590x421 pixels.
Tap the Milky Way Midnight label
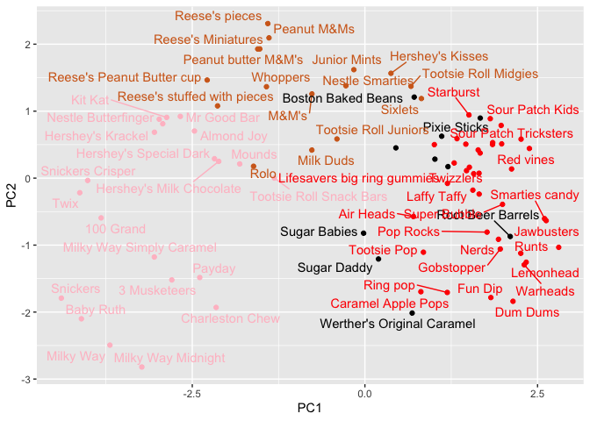(169, 358)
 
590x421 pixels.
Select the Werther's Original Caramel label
(398, 324)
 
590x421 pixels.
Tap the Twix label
(65, 203)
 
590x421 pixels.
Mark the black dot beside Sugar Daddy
(378, 259)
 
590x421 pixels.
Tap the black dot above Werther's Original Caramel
(412, 312)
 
